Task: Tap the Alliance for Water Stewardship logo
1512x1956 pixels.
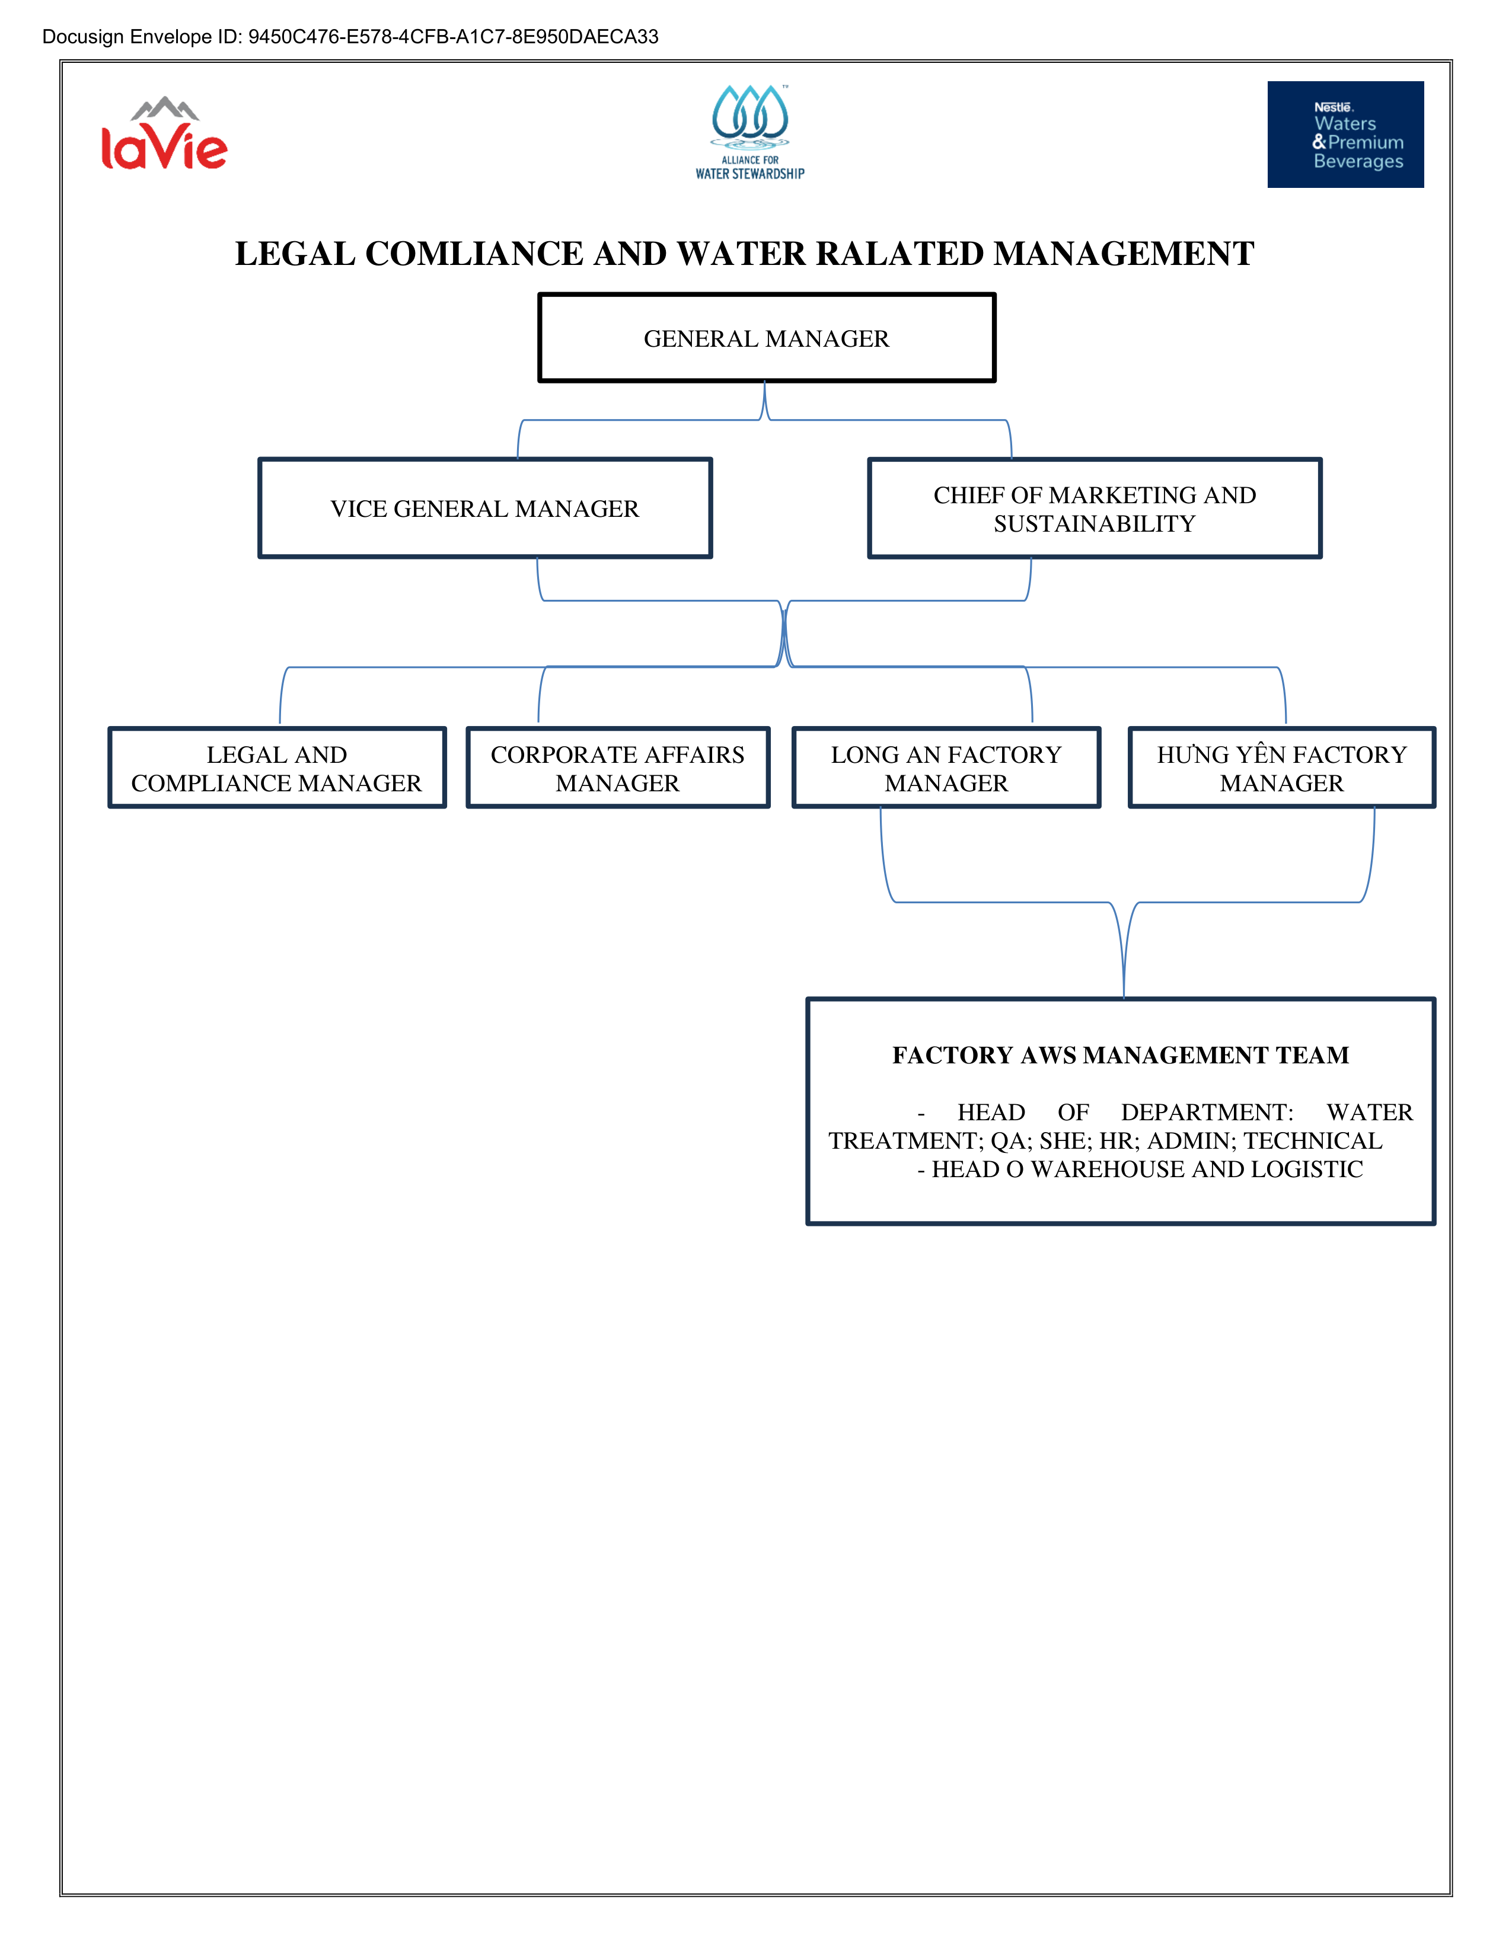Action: tap(751, 133)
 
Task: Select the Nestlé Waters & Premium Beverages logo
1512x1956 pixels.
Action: tap(1345, 135)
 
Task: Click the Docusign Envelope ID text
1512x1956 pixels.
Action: tap(350, 37)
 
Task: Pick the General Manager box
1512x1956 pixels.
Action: tap(767, 338)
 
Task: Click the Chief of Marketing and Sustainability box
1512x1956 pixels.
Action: tap(1095, 508)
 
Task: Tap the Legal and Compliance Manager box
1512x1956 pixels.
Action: tap(277, 768)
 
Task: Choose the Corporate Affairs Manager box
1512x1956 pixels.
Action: tap(618, 768)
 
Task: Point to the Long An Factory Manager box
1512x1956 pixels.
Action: tap(946, 768)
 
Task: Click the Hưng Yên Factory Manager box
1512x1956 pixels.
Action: tap(1282, 768)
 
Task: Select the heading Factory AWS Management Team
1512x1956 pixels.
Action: tap(1121, 1055)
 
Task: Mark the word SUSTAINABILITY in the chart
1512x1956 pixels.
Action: tap(1095, 523)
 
